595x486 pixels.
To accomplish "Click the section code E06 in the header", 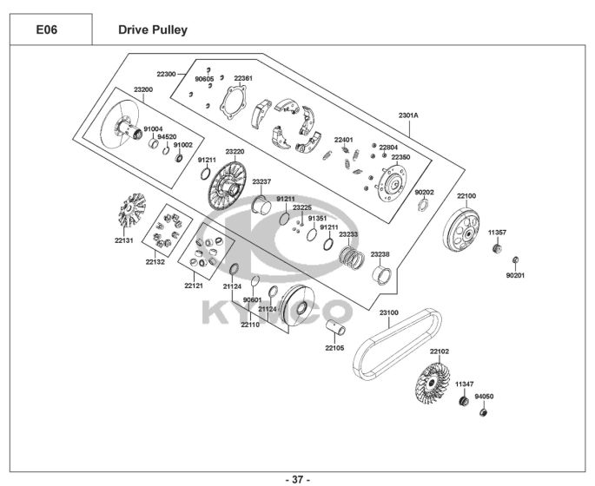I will pyautogui.click(x=49, y=30).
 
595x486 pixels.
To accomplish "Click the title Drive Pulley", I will pyautogui.click(x=152, y=30).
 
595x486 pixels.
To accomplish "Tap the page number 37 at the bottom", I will pyautogui.click(x=297, y=479).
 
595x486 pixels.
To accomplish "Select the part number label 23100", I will pyautogui.click(x=388, y=311).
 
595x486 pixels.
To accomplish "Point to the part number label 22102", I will pyautogui.click(x=440, y=351).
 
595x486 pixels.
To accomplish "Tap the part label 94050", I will pyautogui.click(x=484, y=396).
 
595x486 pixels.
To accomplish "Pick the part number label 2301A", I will pyautogui.click(x=408, y=115).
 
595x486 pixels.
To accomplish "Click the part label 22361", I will pyautogui.click(x=243, y=78).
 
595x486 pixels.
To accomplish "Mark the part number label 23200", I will pyautogui.click(x=143, y=89).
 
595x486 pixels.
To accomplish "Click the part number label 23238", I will pyautogui.click(x=380, y=254).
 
